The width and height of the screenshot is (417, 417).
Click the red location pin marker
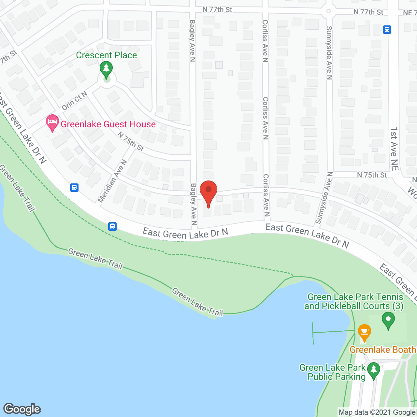pyautogui.click(x=208, y=192)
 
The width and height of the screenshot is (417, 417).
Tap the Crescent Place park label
pyautogui.click(x=106, y=55)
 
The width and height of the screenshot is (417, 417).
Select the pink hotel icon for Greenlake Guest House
pyautogui.click(x=52, y=123)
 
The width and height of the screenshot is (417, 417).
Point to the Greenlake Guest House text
pyautogui.click(x=108, y=124)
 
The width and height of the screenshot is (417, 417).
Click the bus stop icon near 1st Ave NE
pyautogui.click(x=387, y=30)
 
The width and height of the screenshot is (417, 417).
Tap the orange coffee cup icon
pyautogui.click(x=364, y=332)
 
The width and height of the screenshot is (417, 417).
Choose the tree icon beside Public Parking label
pyautogui.click(x=374, y=370)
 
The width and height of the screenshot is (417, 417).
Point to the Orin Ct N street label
pyautogui.click(x=75, y=101)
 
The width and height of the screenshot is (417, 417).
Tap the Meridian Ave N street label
pyautogui.click(x=112, y=181)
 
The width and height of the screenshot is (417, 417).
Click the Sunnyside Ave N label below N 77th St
pyautogui.click(x=329, y=53)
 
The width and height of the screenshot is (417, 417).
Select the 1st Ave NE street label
pyautogui.click(x=394, y=149)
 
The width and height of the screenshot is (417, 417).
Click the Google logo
pyautogui.click(x=22, y=409)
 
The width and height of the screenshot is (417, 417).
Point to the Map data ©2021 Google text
pyautogui.click(x=377, y=412)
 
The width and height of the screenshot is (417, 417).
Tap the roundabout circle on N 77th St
pyautogui.click(x=328, y=11)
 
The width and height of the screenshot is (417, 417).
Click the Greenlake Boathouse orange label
pyautogui.click(x=383, y=350)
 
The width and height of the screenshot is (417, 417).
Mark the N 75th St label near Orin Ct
pyautogui.click(x=131, y=141)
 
